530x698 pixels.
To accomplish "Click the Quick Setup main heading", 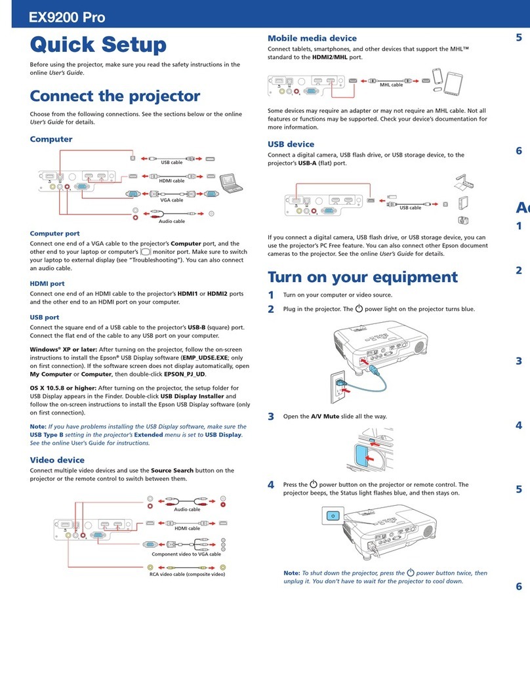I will pyautogui.click(x=98, y=45).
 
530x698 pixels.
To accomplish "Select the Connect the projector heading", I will pyautogui.click(x=115, y=96).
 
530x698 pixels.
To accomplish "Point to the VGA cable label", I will pyautogui.click(x=171, y=200).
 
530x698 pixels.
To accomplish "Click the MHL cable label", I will pyautogui.click(x=392, y=85).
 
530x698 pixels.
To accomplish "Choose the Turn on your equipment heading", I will pyautogui.click(x=363, y=276).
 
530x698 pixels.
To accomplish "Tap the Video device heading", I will pyautogui.click(x=57, y=460).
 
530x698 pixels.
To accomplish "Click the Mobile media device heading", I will pyautogui.click(x=312, y=39).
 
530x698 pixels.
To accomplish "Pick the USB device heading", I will pyautogui.click(x=291, y=144).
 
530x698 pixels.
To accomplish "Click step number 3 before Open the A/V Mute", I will pyautogui.click(x=271, y=417).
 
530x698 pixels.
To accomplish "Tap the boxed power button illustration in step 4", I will pyautogui.click(x=333, y=516).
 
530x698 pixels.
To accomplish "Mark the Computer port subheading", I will pyautogui.click(x=55, y=233).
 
